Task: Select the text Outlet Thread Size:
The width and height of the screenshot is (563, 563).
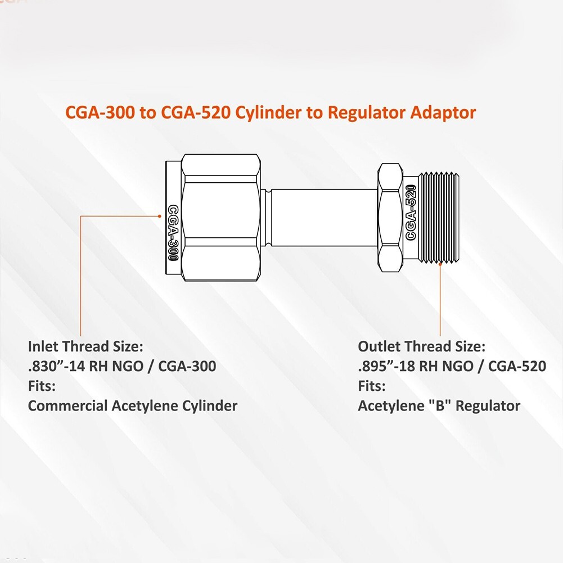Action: [x=421, y=346]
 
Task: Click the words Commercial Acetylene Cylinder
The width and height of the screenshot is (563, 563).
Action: [x=133, y=405]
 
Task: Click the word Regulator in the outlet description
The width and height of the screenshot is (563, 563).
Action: [x=488, y=405]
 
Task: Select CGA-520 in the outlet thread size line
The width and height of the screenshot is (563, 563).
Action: [x=517, y=366]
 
